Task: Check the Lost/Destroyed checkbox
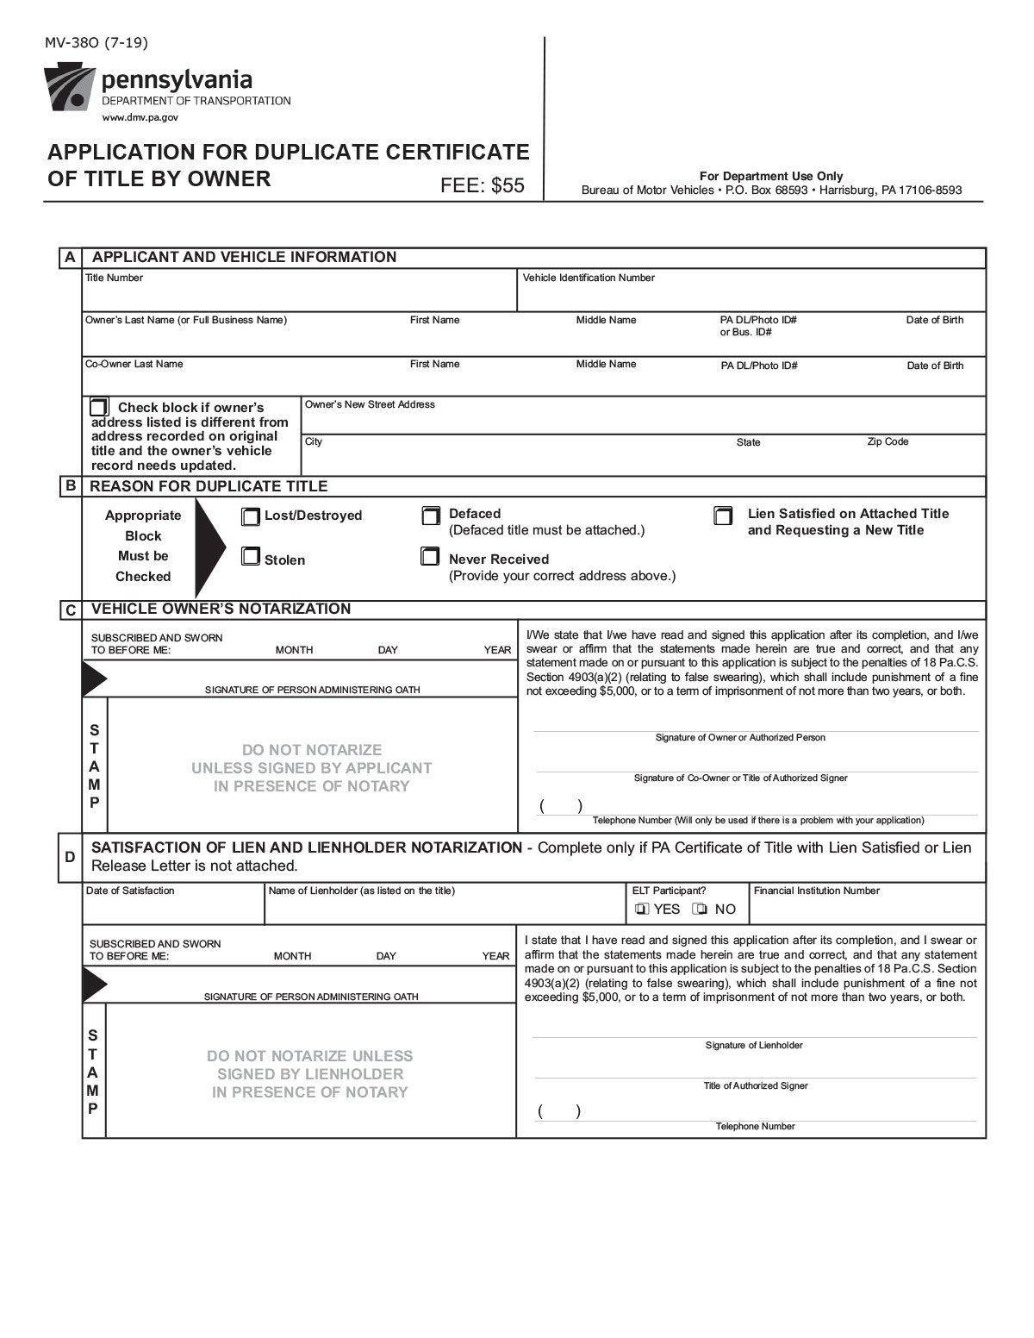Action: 250,516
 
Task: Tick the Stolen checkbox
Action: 250,557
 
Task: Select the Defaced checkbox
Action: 430,516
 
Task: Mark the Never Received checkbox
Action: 429,556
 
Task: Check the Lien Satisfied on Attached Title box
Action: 723,516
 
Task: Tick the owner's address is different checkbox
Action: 100,406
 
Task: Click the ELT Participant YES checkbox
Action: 642,909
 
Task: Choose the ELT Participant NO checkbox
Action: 701,909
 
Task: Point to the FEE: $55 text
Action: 482,185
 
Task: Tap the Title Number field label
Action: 114,278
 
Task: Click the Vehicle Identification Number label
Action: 589,278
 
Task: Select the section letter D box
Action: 70,857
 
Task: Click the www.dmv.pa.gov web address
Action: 140,116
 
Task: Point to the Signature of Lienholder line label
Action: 754,1045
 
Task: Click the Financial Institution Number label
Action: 816,891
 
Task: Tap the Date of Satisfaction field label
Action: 130,891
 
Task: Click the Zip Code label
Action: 888,441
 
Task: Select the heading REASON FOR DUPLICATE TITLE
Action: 209,486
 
